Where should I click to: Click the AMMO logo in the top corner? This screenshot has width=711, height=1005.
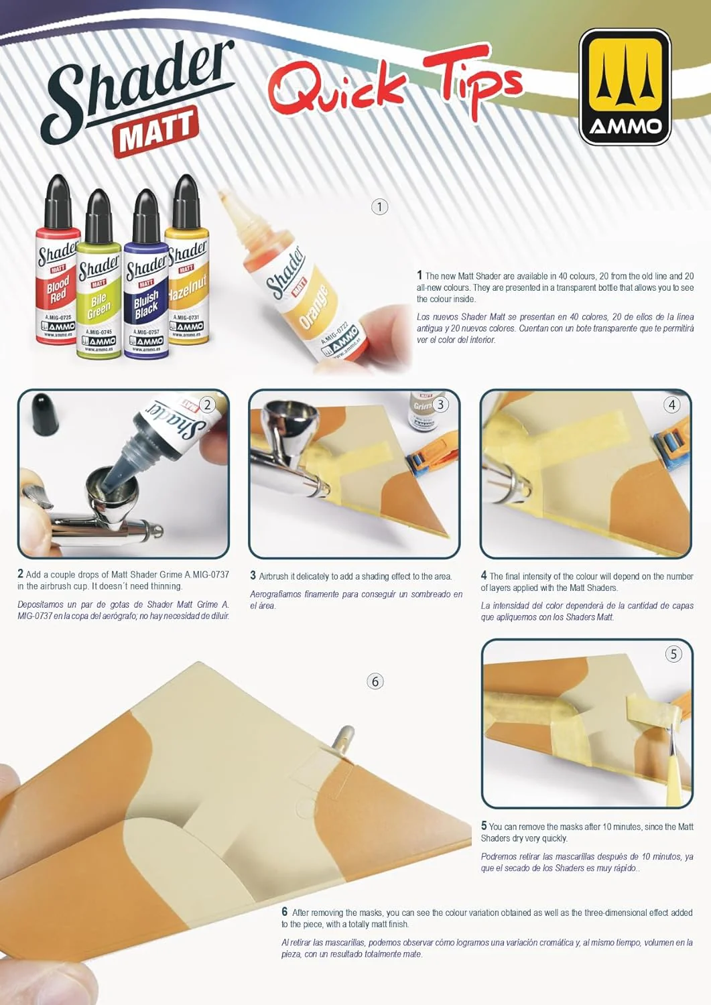click(x=625, y=87)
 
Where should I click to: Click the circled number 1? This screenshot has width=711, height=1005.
click(x=380, y=207)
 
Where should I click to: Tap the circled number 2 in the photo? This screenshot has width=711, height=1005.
click(x=207, y=405)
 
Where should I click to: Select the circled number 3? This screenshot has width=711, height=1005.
click(x=441, y=405)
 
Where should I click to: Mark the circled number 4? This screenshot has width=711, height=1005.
click(x=672, y=405)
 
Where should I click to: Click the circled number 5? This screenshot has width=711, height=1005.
click(x=673, y=654)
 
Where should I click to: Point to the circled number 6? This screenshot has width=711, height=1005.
click(x=375, y=681)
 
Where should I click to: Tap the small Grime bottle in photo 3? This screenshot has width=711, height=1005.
click(x=424, y=411)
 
